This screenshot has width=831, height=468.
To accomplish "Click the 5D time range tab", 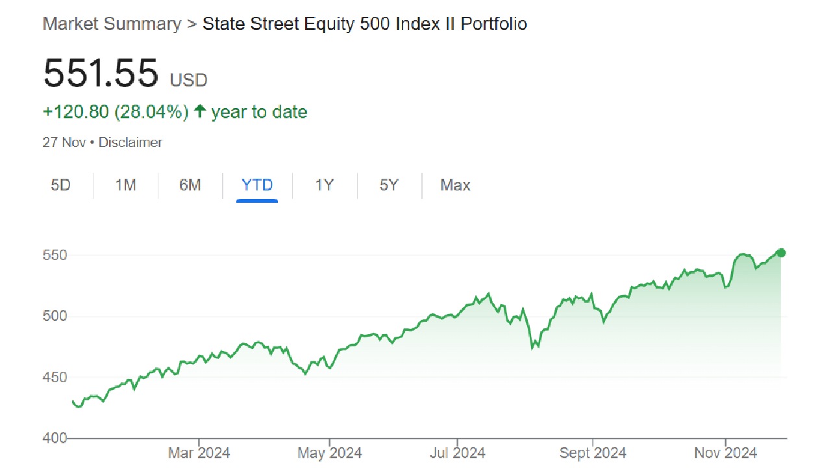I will pos(60,185).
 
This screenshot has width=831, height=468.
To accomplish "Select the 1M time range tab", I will pos(125,185).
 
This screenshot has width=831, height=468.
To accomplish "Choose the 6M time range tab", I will pos(190,185).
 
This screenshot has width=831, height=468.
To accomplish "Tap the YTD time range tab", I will pos(257,185).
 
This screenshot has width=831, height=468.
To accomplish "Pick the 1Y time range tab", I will pos(325,185).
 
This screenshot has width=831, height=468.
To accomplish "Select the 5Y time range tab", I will pos(389,185).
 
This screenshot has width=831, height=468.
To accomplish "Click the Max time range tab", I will pos(455,185).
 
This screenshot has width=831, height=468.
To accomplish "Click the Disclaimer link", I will pos(130,142).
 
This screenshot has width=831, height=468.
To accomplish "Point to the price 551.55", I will pos(101,73).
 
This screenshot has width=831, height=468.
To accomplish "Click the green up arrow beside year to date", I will pos(200,112).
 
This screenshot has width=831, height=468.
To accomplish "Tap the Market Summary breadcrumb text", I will pos(112,24).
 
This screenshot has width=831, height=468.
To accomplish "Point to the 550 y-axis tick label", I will pos(55,255).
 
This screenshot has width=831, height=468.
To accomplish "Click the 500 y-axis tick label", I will pos(55,317).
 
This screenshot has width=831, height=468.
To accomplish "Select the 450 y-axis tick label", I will pos(55,378).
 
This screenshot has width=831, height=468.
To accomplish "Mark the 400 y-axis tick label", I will pos(55,438).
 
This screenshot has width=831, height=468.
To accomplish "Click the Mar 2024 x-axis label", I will pos(199,453).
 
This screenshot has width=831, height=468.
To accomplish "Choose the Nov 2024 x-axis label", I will pos(726,453).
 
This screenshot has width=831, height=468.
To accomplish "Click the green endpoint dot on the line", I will pos(781,253).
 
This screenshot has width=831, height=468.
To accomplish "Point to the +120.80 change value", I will pos(76,112).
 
